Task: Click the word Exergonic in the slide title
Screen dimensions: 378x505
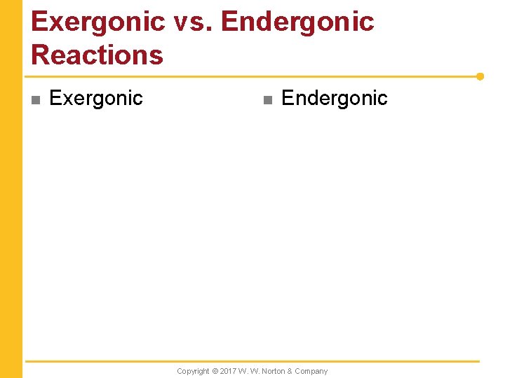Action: tap(97, 22)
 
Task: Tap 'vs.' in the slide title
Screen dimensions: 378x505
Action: tap(191, 22)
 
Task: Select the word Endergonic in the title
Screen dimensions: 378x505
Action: tap(297, 22)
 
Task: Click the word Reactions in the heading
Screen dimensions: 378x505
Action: tap(97, 55)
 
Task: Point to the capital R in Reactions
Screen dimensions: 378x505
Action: tap(41, 55)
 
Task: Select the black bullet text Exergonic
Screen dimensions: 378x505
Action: tap(96, 99)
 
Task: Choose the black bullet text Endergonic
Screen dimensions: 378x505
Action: tap(334, 99)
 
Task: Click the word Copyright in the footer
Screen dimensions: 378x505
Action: tap(193, 371)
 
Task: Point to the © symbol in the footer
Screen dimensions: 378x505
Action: tap(215, 371)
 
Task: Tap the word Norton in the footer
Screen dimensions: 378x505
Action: tap(274, 371)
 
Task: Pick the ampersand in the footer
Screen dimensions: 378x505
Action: tap(290, 371)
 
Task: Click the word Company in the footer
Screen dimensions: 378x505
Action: tap(311, 371)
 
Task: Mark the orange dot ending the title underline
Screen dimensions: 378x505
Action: tap(480, 76)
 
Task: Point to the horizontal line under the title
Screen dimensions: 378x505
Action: tap(252, 76)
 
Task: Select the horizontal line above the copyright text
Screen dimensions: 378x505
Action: tap(252, 361)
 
